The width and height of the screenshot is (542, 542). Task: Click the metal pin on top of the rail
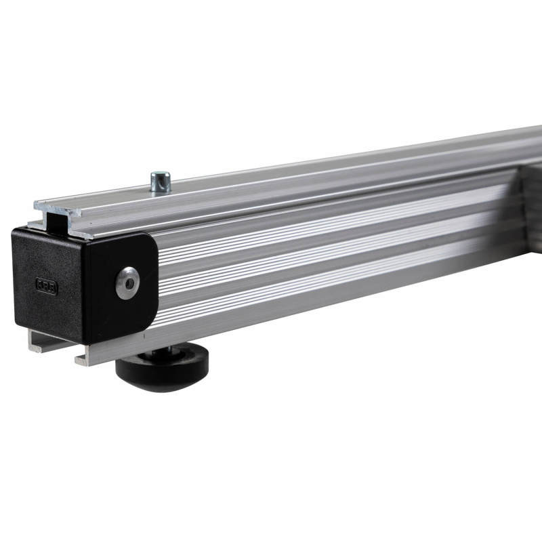coord(161,182)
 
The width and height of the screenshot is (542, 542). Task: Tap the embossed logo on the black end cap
coord(47,286)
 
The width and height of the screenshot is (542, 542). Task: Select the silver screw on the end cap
coord(127,282)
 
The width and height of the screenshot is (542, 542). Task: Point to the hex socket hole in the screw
coord(127,283)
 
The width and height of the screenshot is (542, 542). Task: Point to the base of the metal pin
coord(161,190)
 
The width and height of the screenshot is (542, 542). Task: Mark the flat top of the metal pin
coord(161,175)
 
